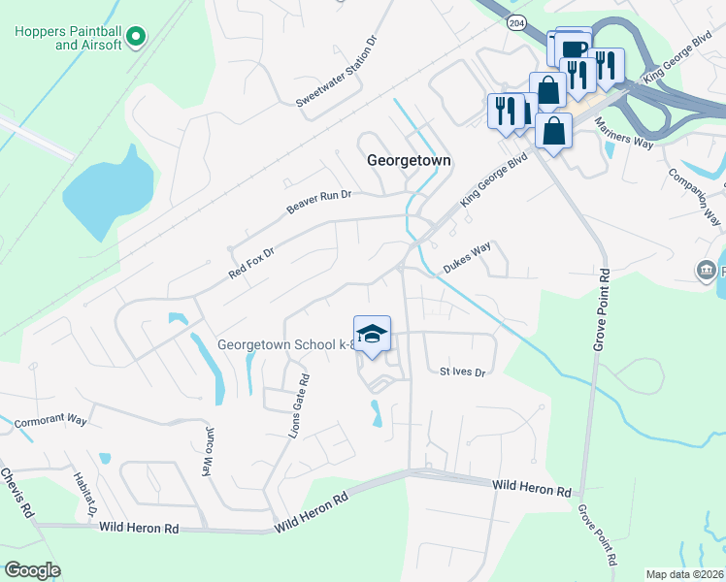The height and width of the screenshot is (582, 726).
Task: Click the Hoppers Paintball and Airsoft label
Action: [x=68, y=38]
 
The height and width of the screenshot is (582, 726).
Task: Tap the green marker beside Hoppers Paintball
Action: [x=137, y=38]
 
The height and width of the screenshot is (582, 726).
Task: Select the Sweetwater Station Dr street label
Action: [x=336, y=72]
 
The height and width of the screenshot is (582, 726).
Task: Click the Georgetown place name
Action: [x=411, y=161]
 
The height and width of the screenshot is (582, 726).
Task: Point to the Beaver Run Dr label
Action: [x=317, y=202]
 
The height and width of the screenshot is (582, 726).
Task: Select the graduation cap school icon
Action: [x=371, y=335]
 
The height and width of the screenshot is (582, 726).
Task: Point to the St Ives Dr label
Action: [x=462, y=372]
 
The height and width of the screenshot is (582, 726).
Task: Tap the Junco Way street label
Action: [x=207, y=451]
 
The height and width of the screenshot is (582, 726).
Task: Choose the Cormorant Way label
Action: [x=50, y=423]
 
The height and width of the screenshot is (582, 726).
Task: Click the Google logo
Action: [x=33, y=570]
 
